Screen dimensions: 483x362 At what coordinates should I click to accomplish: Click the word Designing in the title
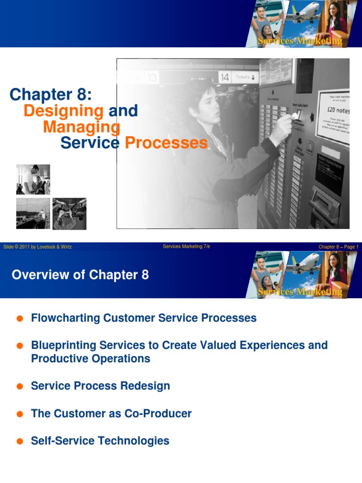click(63, 111)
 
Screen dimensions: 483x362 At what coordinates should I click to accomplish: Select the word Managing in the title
click(82, 127)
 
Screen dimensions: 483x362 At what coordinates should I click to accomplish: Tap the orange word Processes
click(166, 143)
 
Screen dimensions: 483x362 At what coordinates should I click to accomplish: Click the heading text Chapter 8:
click(50, 94)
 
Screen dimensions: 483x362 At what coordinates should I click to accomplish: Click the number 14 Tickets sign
click(239, 77)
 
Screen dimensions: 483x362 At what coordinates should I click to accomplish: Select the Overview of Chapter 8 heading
click(80, 275)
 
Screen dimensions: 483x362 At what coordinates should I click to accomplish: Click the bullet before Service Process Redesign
click(20, 386)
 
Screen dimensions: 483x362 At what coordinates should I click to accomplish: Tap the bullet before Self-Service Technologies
click(20, 441)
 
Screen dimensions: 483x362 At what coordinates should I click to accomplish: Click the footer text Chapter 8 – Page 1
click(338, 247)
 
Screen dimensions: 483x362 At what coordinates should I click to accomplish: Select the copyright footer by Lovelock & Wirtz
click(37, 247)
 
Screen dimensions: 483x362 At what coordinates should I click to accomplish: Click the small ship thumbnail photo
click(33, 214)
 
